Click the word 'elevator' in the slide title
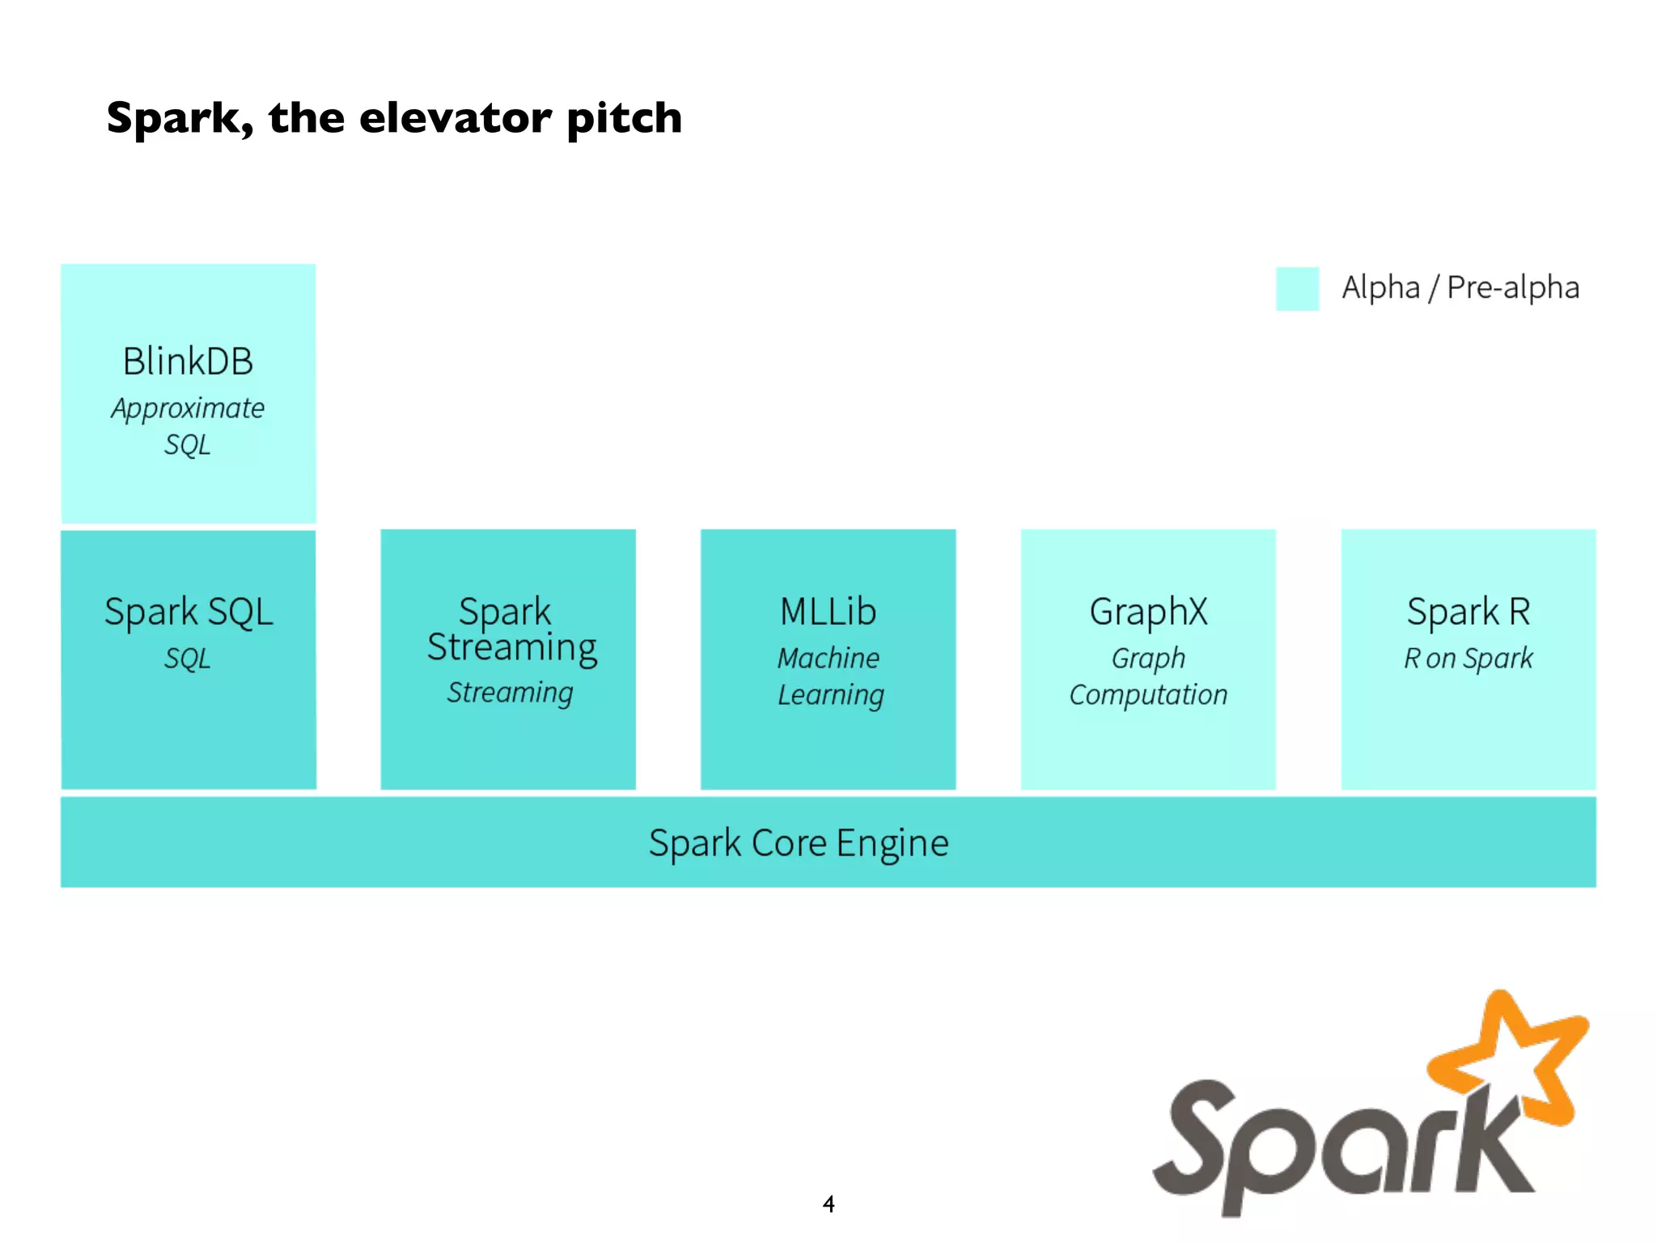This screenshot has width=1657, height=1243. pyautogui.click(x=454, y=118)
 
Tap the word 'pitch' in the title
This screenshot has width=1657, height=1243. pyautogui.click(x=624, y=120)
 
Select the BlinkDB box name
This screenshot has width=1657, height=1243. pyautogui.click(x=188, y=361)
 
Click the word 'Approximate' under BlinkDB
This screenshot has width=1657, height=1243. pyautogui.click(x=188, y=409)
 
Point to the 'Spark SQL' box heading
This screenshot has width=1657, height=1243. pyautogui.click(x=189, y=611)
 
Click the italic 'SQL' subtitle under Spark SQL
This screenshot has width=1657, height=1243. pyautogui.click(x=188, y=658)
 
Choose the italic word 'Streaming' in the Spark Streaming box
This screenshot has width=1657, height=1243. pyautogui.click(x=510, y=693)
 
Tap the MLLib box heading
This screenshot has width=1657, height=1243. pyautogui.click(x=828, y=611)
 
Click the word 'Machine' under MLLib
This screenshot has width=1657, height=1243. pyautogui.click(x=828, y=658)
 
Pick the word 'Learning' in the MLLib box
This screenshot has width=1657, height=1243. pyautogui.click(x=831, y=695)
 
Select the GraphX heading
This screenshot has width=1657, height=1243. pyautogui.click(x=1148, y=611)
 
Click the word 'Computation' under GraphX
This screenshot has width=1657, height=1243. pyautogui.click(x=1148, y=695)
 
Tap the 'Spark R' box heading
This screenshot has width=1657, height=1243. pyautogui.click(x=1468, y=611)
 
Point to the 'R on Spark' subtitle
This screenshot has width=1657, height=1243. pyautogui.click(x=1468, y=658)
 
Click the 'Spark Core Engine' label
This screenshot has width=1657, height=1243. pyautogui.click(x=799, y=843)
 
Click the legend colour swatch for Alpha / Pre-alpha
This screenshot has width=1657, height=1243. pyautogui.click(x=1297, y=289)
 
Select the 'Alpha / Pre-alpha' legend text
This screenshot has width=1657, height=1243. pyautogui.click(x=1460, y=287)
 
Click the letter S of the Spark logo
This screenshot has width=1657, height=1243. pyautogui.click(x=1206, y=1141)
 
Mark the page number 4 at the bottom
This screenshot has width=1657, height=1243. pyautogui.click(x=828, y=1204)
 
